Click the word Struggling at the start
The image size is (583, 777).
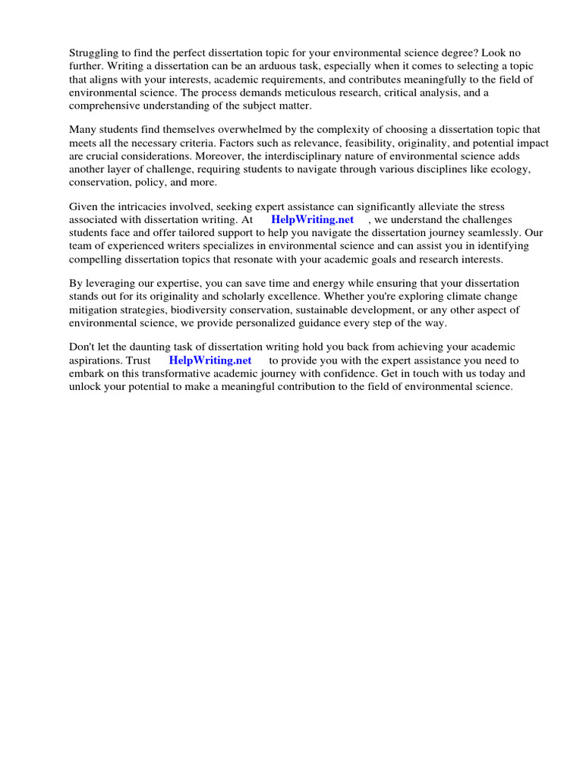(94, 54)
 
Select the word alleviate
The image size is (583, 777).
(436, 207)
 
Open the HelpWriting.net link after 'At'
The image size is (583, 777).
(312, 220)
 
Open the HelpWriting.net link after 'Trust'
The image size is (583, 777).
(210, 360)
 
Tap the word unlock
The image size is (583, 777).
(84, 386)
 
